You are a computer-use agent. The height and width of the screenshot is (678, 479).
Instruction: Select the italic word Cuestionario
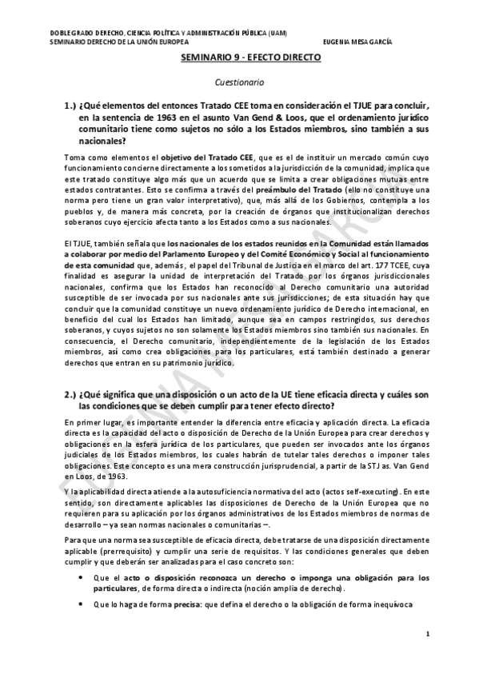click(238, 82)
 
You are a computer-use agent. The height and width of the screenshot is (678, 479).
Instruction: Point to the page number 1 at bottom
click(429, 635)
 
